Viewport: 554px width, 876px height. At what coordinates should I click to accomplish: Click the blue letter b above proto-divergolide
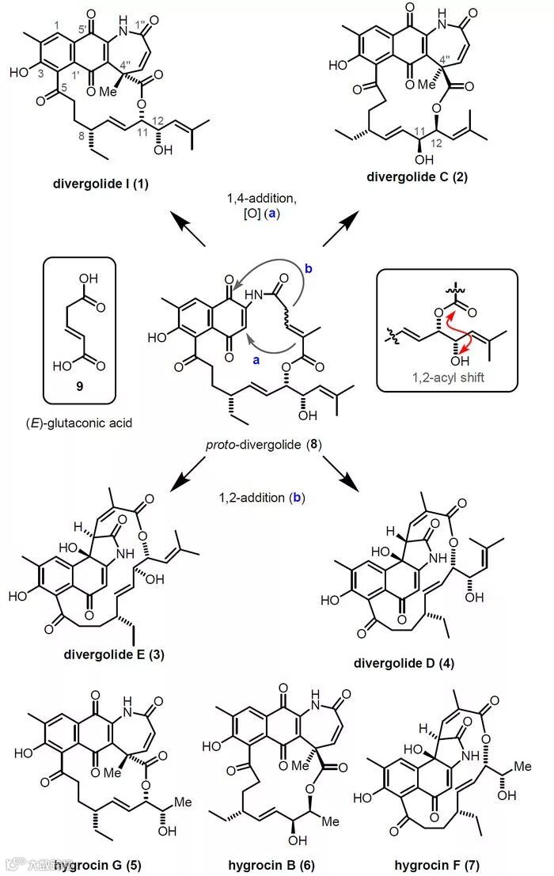tap(309, 269)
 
